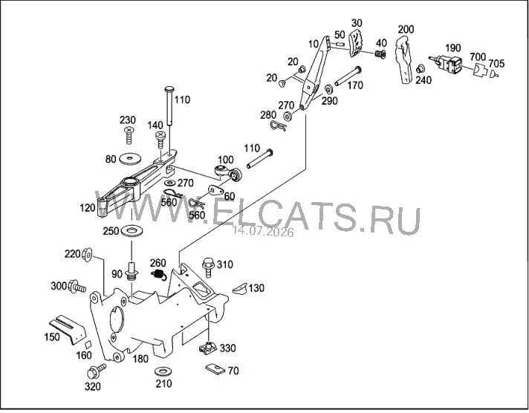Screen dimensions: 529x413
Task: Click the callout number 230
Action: (128, 120)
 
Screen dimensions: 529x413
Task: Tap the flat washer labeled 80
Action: (130, 159)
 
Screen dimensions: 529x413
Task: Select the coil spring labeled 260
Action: (158, 274)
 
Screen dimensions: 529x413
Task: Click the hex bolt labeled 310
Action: (208, 267)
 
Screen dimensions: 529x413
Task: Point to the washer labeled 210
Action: (163, 371)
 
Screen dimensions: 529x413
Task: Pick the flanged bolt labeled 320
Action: (96, 371)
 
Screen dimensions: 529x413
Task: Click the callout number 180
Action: (140, 359)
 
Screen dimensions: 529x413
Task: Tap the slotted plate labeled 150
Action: (68, 329)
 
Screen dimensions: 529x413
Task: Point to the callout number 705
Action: (496, 63)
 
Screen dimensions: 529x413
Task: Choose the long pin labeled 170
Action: (348, 77)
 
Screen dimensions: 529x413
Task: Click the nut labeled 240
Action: (420, 69)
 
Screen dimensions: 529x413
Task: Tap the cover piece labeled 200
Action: (404, 59)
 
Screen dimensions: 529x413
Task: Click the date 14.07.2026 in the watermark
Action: (263, 232)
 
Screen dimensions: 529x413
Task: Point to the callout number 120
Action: (88, 208)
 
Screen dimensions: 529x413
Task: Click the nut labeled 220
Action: (88, 254)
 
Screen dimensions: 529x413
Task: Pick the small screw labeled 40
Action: (380, 53)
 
